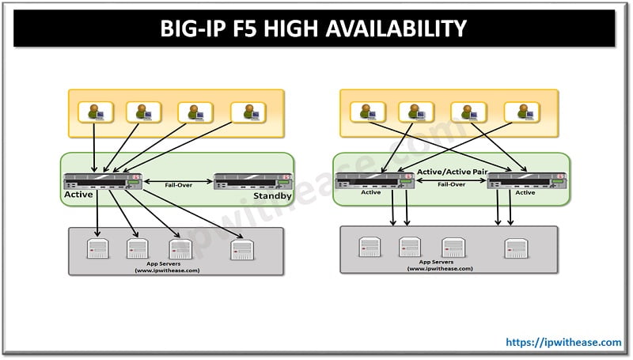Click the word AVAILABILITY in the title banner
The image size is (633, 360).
pyautogui.click(x=396, y=28)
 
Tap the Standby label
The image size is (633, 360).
pyautogui.click(x=272, y=195)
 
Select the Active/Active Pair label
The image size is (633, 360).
pyautogui.click(x=452, y=172)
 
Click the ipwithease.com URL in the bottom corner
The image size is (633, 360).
pyautogui.click(x=563, y=343)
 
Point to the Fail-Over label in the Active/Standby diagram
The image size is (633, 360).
pyautogui.click(x=179, y=185)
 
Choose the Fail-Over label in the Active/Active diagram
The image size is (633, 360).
pyautogui.click(x=451, y=184)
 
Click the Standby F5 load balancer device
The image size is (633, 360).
pyautogui.click(x=252, y=181)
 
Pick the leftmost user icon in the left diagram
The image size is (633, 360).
pyautogui.click(x=96, y=112)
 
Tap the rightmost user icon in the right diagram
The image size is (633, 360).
pyautogui.click(x=522, y=112)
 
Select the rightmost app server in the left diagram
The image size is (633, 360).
pyautogui.click(x=242, y=249)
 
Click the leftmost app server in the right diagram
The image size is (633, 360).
pyautogui.click(x=370, y=247)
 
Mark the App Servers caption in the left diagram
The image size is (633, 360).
pyautogui.click(x=167, y=267)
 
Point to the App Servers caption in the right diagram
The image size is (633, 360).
pyautogui.click(x=440, y=265)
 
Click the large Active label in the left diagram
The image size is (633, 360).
pyautogui.click(x=78, y=195)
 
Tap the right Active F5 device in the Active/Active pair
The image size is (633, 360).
pyautogui.click(x=527, y=181)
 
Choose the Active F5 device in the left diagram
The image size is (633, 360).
pyautogui.click(x=103, y=181)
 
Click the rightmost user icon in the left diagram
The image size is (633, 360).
pyautogui.click(x=248, y=112)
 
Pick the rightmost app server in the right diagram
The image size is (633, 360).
pyautogui.click(x=517, y=248)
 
